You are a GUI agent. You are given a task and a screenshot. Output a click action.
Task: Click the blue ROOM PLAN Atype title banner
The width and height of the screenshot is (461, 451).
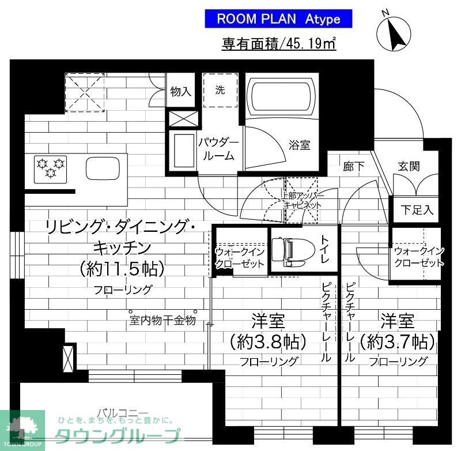[278, 18]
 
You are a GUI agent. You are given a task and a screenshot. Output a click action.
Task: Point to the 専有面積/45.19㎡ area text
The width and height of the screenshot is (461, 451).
[279, 44]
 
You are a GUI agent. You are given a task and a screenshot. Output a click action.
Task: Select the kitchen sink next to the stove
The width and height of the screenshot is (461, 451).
[101, 168]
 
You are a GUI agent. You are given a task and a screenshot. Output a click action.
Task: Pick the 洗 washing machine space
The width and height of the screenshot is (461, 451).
[220, 91]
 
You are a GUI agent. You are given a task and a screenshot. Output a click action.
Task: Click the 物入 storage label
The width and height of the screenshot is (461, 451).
[180, 91]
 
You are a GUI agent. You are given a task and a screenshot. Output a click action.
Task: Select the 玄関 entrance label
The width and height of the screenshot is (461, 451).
[409, 166]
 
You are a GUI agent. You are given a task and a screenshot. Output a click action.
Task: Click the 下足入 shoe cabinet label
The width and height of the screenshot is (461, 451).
[417, 210]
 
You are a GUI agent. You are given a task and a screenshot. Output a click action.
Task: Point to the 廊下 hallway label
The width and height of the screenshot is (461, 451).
[354, 167]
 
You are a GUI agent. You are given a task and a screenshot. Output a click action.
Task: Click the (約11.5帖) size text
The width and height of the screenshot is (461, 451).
[122, 268]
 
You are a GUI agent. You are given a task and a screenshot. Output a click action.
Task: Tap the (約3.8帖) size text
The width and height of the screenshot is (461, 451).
[267, 342]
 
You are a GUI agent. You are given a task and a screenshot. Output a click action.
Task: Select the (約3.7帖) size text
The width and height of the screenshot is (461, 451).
[397, 342]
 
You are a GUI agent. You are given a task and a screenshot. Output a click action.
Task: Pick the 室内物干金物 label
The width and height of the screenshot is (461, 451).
[163, 320]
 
